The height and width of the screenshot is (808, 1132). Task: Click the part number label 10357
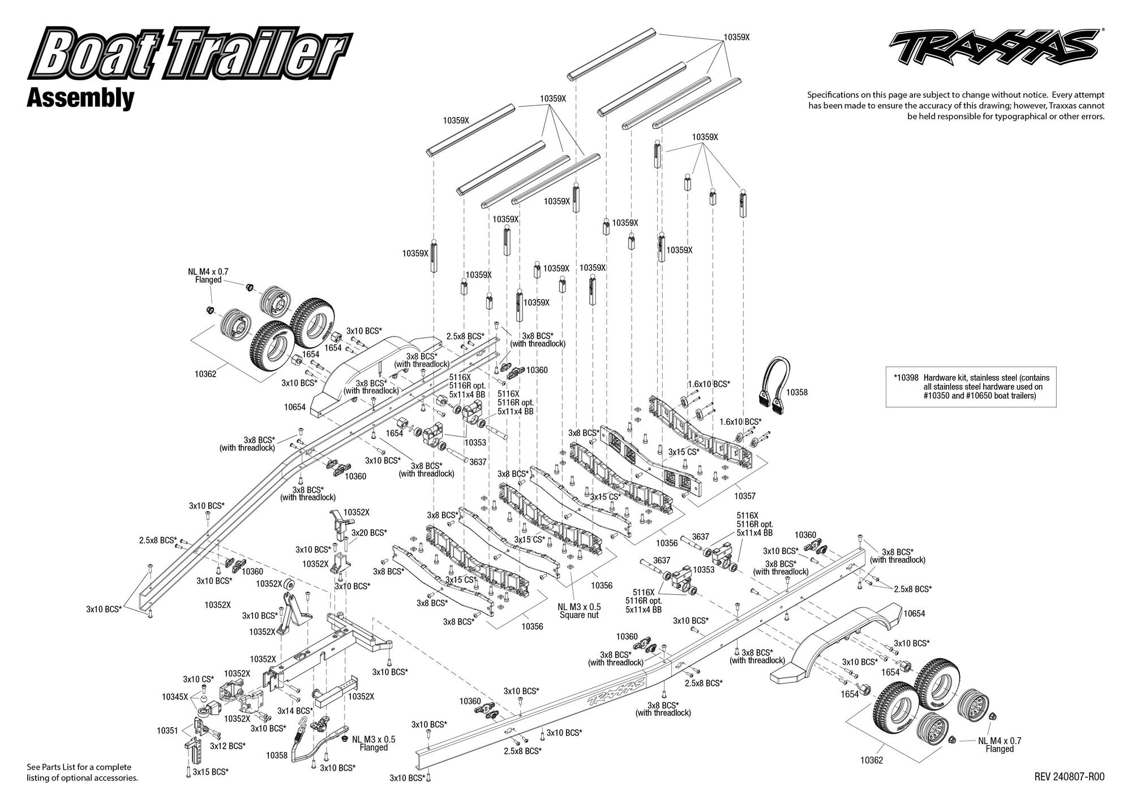745,496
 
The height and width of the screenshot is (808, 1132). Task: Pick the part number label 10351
168,731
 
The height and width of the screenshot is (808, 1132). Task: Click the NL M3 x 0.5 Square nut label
579,611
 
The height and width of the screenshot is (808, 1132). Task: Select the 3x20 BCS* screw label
369,533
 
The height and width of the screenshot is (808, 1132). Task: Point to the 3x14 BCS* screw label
295,711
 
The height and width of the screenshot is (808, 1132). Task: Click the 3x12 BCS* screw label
228,746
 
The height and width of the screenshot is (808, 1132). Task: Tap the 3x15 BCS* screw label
211,771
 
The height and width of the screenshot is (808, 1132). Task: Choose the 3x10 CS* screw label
198,679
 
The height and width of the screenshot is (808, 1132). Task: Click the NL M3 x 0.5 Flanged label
374,743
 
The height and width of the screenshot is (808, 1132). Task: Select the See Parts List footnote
82,772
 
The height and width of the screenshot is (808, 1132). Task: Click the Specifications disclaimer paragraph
956,106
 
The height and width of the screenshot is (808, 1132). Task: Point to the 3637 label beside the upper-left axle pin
478,462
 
